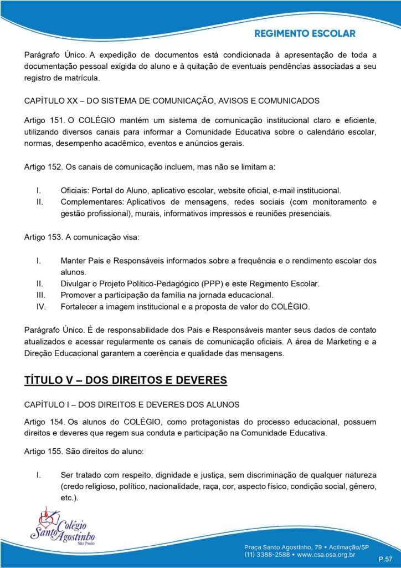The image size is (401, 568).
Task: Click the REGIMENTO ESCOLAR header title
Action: (x=305, y=33)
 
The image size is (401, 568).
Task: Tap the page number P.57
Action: (x=385, y=557)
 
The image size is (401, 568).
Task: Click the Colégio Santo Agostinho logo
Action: (x=62, y=529)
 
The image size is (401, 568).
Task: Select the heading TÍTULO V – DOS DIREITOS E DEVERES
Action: (x=126, y=380)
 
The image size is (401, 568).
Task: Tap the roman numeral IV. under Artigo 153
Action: (x=40, y=306)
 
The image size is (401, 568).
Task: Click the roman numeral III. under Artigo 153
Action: (x=39, y=295)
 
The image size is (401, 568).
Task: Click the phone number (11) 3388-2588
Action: (x=268, y=553)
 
